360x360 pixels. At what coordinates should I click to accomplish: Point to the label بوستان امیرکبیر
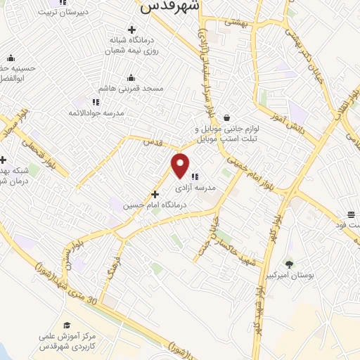coord(288,276)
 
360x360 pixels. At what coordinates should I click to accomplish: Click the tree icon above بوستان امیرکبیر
coord(288,264)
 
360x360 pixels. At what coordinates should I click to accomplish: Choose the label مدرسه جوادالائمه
coord(96,112)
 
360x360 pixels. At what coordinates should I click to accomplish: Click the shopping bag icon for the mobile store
coord(226,117)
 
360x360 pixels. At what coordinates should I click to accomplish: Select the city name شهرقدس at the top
coord(170,6)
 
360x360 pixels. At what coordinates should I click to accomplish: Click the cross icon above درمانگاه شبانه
coord(131,29)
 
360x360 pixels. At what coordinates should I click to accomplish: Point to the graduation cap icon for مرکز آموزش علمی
coord(67,325)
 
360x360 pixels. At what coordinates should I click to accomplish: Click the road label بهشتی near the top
coord(236,22)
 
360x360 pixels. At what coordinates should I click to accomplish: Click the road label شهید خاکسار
coord(240,252)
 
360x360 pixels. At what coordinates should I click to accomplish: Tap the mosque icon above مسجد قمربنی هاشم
coord(131,78)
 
